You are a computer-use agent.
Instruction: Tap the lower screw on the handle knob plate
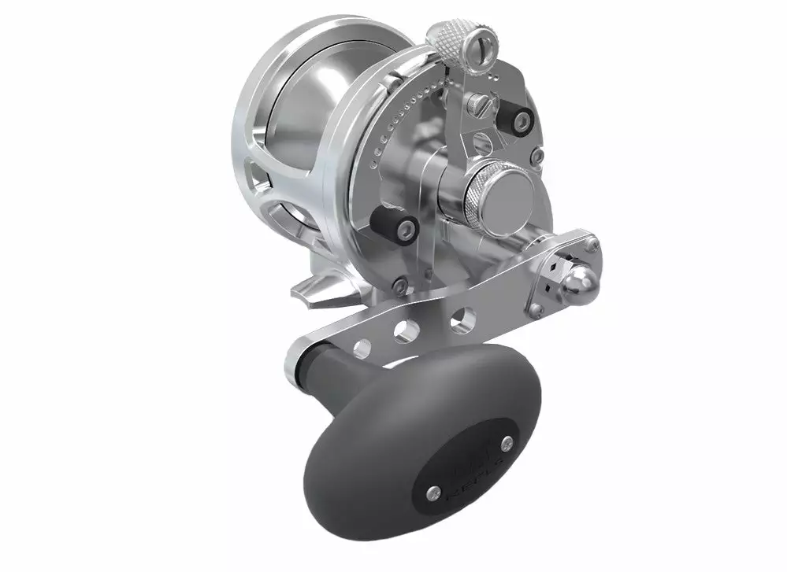432,492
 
